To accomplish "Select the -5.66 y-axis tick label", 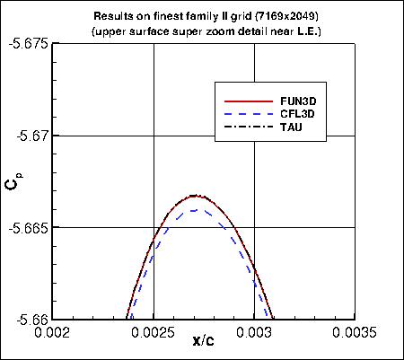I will coord(32,319).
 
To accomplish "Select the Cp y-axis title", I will coord(11,183).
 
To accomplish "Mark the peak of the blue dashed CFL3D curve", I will coord(194,209).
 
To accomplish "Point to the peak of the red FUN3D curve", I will coord(194,195).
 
